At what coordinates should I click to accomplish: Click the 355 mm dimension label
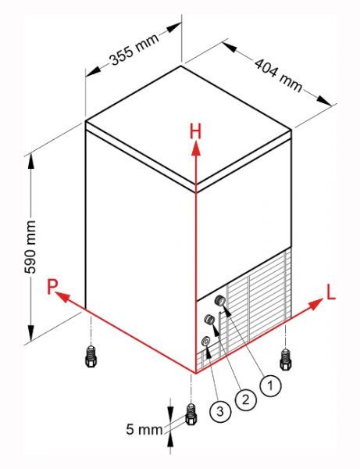click(x=134, y=49)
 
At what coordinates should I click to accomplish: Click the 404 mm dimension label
click(x=279, y=74)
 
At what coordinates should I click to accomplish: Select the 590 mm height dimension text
click(x=30, y=247)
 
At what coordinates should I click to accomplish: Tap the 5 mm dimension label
click(x=144, y=429)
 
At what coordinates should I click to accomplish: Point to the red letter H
click(x=196, y=132)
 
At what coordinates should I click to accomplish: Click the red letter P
click(x=52, y=286)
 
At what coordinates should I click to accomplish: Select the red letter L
click(x=331, y=292)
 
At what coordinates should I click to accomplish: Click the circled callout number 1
click(x=270, y=385)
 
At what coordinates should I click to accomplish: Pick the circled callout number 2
click(x=245, y=399)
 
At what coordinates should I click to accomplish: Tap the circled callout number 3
click(x=220, y=411)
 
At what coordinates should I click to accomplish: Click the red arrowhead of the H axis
click(x=196, y=148)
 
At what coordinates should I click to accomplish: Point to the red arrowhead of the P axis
click(x=63, y=297)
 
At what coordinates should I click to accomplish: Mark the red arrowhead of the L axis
click(x=315, y=304)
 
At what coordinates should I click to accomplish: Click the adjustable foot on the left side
click(x=91, y=356)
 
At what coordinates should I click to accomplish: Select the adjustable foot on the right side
click(x=286, y=360)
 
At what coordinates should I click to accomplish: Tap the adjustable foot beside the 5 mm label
click(x=191, y=414)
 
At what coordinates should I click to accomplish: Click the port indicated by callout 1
click(x=220, y=300)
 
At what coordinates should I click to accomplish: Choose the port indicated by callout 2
click(x=209, y=320)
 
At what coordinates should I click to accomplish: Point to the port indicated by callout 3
click(x=206, y=341)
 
